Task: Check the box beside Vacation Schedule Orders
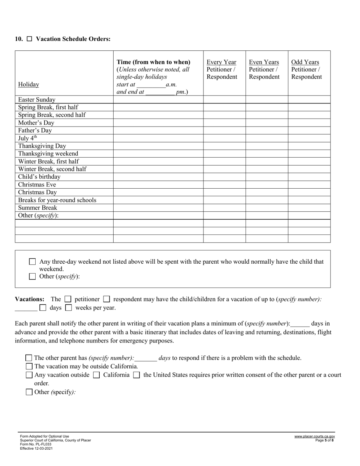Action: click(30, 39)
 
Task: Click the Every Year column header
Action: click(221, 62)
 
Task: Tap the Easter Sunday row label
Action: click(37, 100)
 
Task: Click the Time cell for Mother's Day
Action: click(158, 123)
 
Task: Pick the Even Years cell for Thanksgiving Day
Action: click(266, 146)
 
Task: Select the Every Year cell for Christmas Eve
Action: click(224, 185)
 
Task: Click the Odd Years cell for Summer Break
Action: click(309, 208)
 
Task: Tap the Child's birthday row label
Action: click(39, 177)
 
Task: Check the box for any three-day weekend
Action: click(33, 262)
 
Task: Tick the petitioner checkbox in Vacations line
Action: click(68, 299)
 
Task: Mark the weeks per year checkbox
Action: click(69, 308)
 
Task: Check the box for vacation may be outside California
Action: click(29, 366)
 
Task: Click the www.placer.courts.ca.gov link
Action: click(314, 436)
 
